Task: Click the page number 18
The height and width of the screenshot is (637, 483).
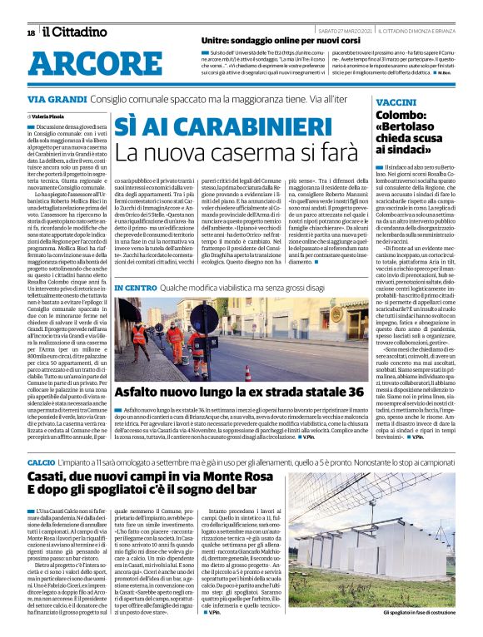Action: point(31,32)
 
